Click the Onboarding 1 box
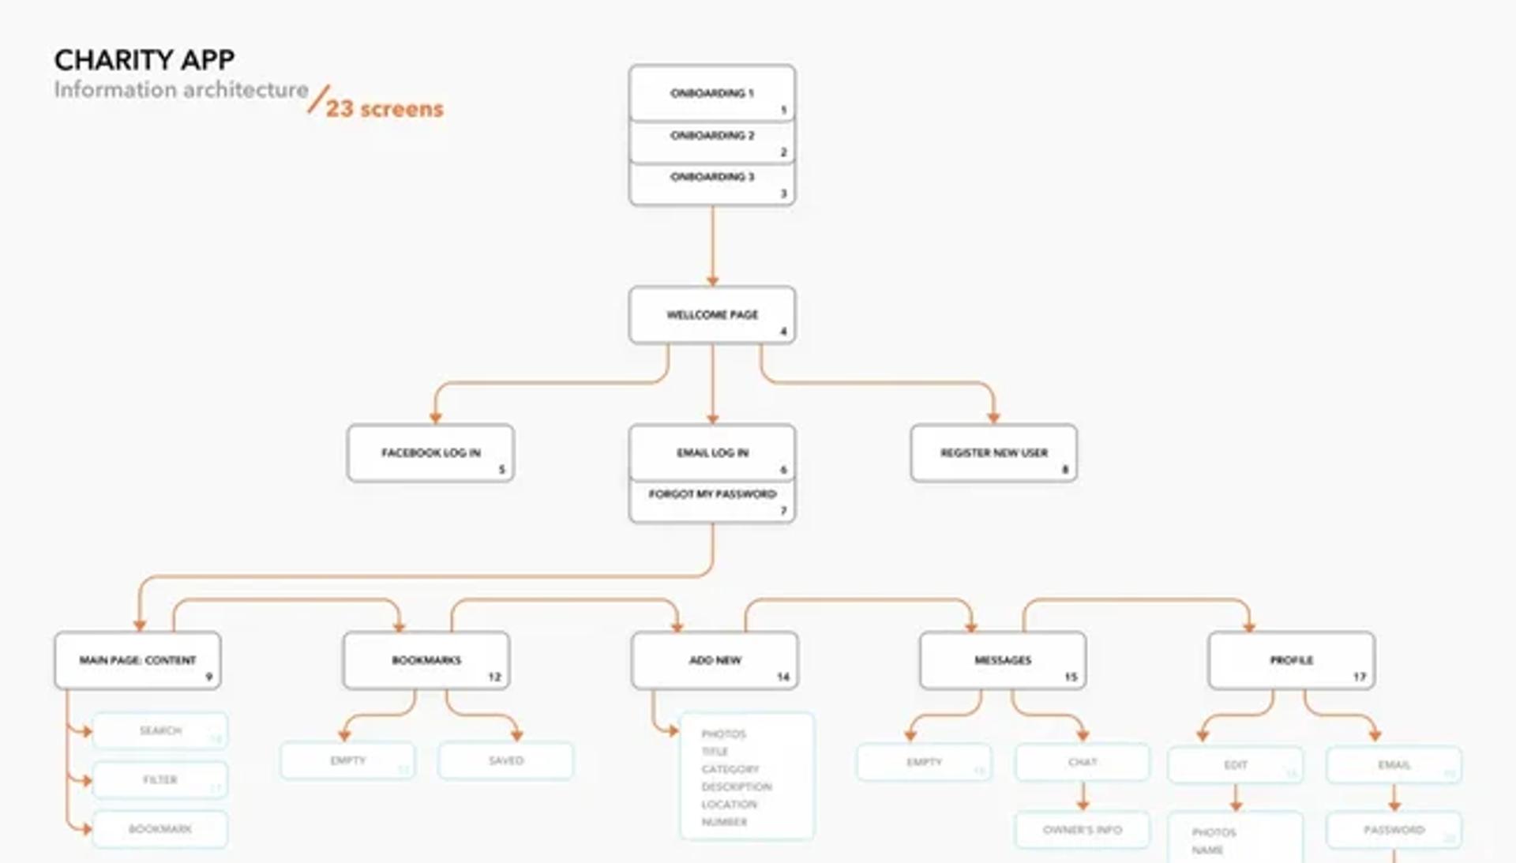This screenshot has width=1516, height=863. tap(711, 93)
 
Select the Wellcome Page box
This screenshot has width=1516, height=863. tap(711, 315)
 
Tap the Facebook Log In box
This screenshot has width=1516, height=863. tap(430, 453)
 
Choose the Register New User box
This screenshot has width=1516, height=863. tap(993, 453)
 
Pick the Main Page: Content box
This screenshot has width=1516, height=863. tap(137, 660)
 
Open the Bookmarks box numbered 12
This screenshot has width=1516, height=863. tap(426, 660)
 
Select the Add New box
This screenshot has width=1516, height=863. tap(715, 660)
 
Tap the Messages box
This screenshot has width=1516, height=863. tap(1003, 660)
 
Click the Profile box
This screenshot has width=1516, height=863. tap(1291, 660)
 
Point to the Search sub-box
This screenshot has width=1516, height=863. tap(160, 731)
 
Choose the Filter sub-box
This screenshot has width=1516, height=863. tap(160, 780)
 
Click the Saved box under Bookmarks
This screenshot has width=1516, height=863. tap(506, 760)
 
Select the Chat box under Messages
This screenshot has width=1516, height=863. tap(1083, 762)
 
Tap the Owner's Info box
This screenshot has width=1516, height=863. tap(1083, 830)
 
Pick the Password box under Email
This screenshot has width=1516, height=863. tap(1394, 830)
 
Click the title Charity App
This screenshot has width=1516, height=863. tap(144, 60)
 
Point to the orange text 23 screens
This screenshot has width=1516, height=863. tap(385, 109)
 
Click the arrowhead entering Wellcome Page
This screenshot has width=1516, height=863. tap(712, 280)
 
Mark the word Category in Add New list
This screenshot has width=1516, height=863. tap(730, 769)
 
